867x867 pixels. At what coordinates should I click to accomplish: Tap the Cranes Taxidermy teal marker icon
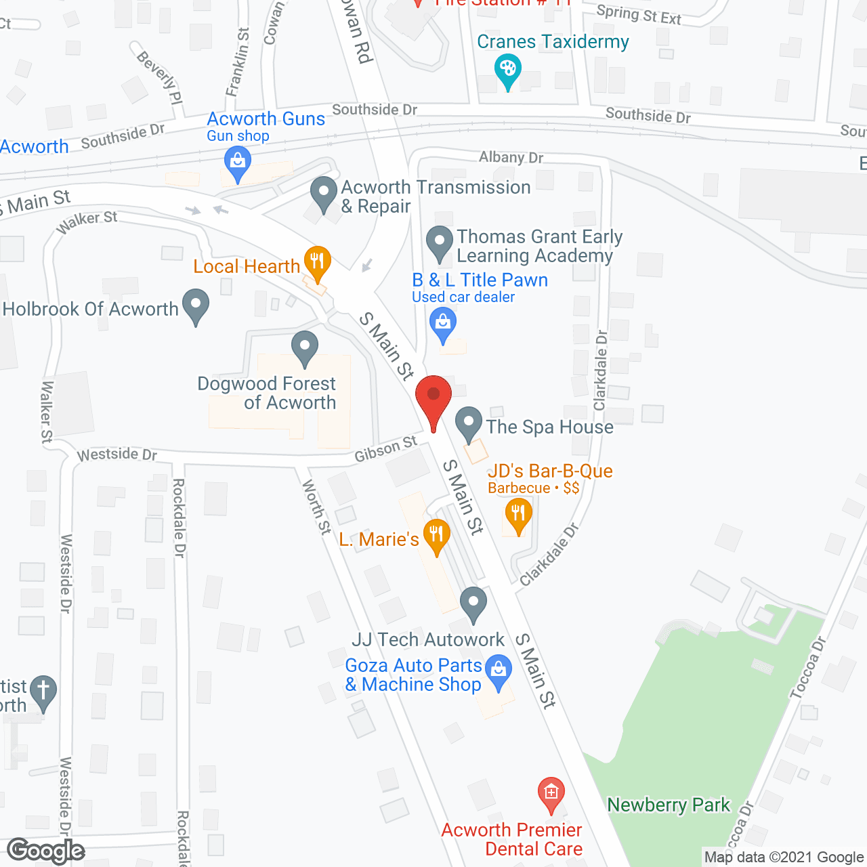(x=507, y=70)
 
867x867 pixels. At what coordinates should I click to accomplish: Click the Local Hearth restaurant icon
(x=316, y=261)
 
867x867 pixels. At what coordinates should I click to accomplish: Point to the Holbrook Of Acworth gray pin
(x=196, y=305)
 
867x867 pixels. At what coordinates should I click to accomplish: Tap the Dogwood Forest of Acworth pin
(x=305, y=347)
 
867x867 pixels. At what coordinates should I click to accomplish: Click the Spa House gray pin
(x=468, y=423)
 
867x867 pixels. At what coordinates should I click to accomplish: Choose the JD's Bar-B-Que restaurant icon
(x=518, y=513)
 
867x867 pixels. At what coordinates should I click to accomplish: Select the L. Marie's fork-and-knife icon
(x=436, y=535)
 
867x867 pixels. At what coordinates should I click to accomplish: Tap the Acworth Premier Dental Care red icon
(x=551, y=792)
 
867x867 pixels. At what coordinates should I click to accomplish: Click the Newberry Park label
(x=669, y=805)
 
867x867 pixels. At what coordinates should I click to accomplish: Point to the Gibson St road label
(x=386, y=449)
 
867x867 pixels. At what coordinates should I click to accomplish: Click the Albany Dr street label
(x=511, y=157)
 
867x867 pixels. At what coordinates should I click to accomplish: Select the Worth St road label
(x=316, y=507)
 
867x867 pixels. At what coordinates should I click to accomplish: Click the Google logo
(x=46, y=851)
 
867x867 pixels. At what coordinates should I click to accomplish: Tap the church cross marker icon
(x=43, y=692)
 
